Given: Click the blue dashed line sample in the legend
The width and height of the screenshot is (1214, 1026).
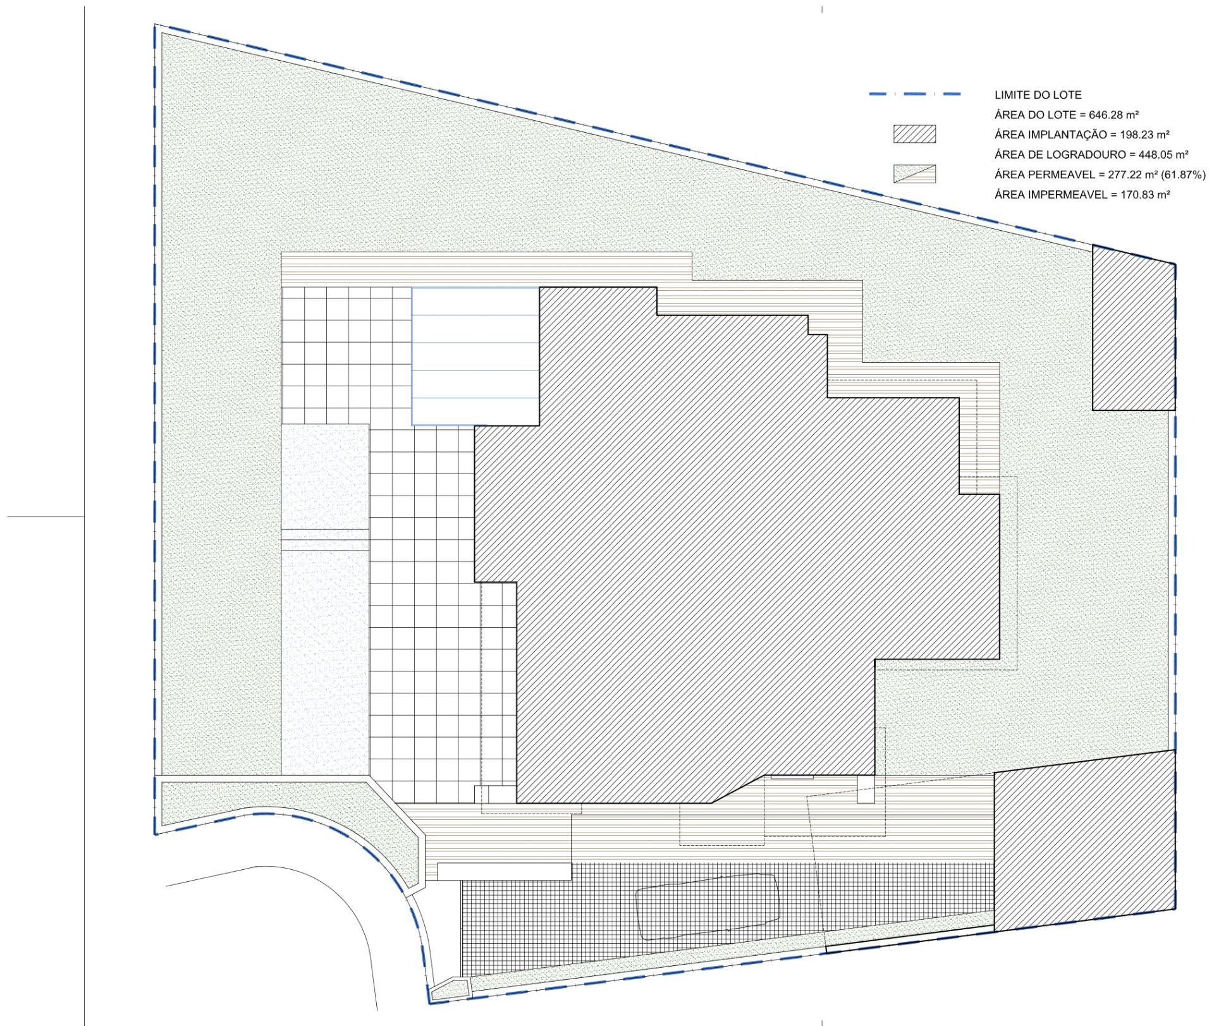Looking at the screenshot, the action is pyautogui.click(x=915, y=94).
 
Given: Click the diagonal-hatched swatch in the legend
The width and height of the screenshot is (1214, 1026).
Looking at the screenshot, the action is pyautogui.click(x=914, y=135).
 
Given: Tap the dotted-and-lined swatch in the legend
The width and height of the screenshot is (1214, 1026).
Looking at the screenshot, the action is pyautogui.click(x=914, y=174).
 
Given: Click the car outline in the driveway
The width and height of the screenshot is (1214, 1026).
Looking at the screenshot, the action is pyautogui.click(x=707, y=907).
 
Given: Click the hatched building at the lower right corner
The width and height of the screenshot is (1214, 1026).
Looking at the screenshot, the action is pyautogui.click(x=1085, y=840).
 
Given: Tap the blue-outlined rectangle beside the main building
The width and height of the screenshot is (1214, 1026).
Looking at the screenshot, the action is pyautogui.click(x=475, y=357).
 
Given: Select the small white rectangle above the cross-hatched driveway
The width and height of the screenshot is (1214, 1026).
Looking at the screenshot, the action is pyautogui.click(x=505, y=871).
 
